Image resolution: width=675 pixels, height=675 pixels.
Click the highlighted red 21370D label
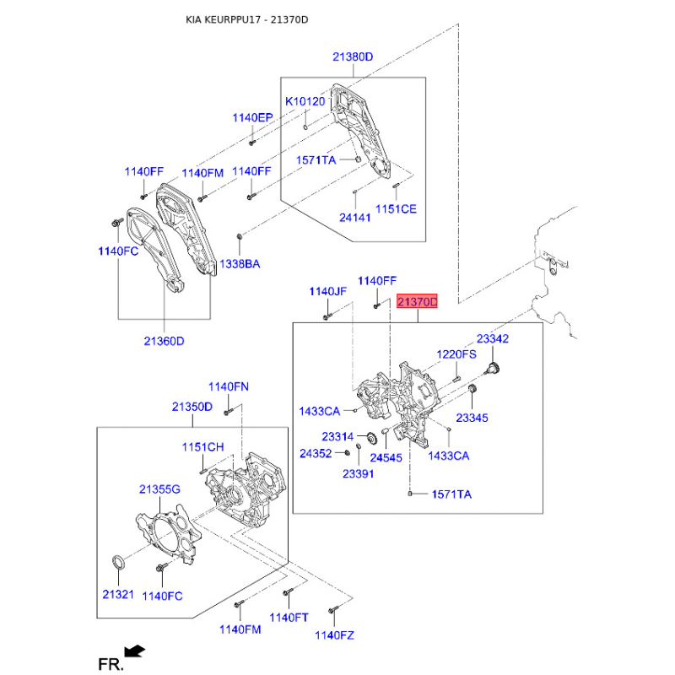[x=418, y=301]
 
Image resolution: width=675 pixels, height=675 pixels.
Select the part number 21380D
[x=353, y=57]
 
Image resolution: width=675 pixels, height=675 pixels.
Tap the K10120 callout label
[x=305, y=101]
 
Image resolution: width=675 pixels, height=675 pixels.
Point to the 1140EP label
[x=253, y=118]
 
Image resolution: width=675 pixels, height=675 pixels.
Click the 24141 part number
[x=355, y=217]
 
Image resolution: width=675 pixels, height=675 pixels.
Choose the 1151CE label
[x=396, y=208]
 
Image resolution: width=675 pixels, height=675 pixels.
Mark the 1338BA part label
[x=240, y=264]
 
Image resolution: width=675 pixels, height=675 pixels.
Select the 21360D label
[x=164, y=341]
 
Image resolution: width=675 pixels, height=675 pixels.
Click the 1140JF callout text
[x=328, y=291]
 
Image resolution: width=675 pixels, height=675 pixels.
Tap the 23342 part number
[x=493, y=338]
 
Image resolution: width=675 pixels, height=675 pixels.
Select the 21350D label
[x=192, y=406]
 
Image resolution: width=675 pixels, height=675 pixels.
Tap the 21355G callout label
[x=160, y=489]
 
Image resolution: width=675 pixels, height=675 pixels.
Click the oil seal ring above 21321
[x=120, y=562]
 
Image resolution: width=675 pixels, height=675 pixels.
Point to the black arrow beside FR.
[x=133, y=651]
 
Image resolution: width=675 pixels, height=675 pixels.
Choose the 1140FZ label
[x=334, y=634]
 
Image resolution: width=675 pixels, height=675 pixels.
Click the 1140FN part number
[x=229, y=386]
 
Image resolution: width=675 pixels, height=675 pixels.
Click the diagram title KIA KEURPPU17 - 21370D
[x=247, y=19]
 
